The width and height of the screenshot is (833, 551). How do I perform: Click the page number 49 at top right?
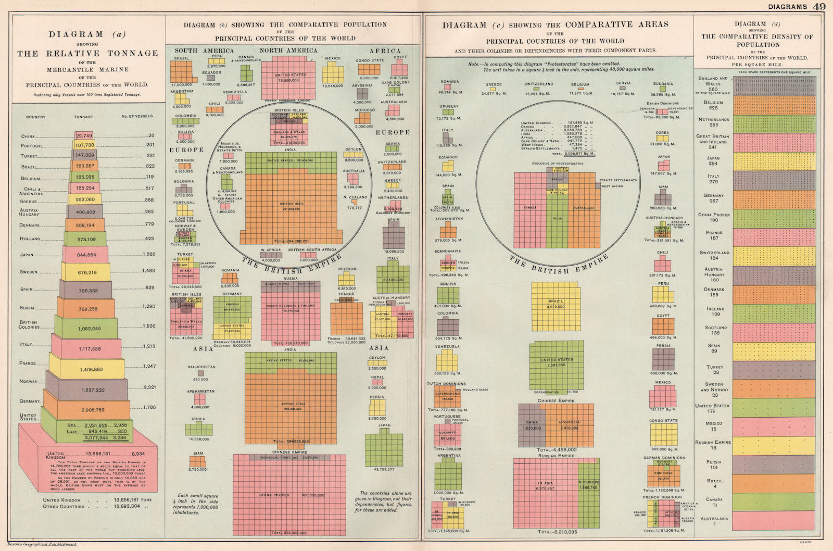(x=819, y=6)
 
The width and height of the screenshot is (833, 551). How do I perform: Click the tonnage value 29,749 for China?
(x=84, y=136)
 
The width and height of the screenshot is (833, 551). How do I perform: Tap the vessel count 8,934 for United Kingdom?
(x=138, y=454)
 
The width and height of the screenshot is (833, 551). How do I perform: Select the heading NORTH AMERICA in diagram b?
(x=288, y=51)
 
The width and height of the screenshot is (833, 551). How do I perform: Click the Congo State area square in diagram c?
(x=663, y=434)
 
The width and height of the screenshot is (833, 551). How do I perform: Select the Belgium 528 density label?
(x=713, y=105)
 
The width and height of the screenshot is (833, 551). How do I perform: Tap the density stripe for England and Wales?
(x=774, y=85)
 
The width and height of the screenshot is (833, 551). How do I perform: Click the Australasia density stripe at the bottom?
(x=774, y=520)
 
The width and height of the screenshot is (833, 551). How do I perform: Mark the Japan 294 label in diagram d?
(x=713, y=160)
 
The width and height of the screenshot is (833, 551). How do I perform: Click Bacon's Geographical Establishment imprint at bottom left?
(x=39, y=544)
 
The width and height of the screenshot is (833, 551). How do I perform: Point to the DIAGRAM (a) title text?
(x=87, y=35)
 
